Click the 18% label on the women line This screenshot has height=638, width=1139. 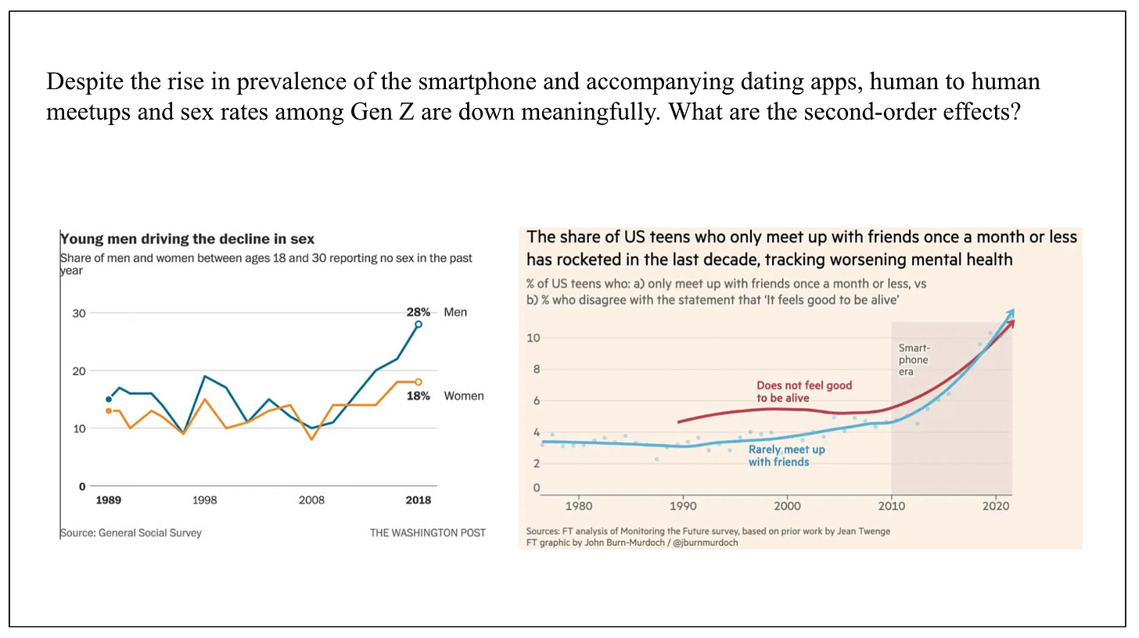pyautogui.click(x=419, y=396)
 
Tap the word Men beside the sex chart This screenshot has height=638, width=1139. pyautogui.click(x=455, y=312)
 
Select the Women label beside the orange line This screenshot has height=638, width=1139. pyautogui.click(x=464, y=396)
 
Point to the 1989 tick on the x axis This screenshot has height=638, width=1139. pyautogui.click(x=108, y=500)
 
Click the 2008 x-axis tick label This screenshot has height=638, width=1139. pyautogui.click(x=311, y=500)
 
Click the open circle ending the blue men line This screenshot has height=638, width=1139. pyautogui.click(x=419, y=324)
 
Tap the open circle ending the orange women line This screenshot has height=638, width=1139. pyautogui.click(x=419, y=382)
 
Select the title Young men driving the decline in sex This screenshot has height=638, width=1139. pyautogui.click(x=187, y=239)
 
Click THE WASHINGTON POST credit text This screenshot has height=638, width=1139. pyautogui.click(x=428, y=532)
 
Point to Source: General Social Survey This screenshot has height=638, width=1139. pyautogui.click(x=131, y=532)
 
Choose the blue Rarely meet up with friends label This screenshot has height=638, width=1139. pyautogui.click(x=786, y=456)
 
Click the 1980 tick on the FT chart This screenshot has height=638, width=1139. pyautogui.click(x=578, y=506)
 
